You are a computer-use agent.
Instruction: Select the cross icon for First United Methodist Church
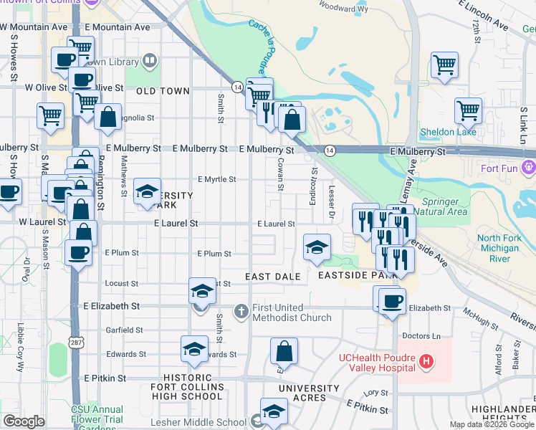[x=241, y=312]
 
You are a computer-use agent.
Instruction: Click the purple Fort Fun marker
[x=529, y=168]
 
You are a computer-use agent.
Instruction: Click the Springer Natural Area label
[x=445, y=206]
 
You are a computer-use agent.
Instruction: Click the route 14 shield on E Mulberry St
[x=329, y=150]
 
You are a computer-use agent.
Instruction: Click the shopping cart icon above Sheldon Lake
[x=467, y=110]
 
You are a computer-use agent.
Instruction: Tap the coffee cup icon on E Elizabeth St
[x=391, y=301]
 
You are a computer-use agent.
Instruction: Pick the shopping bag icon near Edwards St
[x=284, y=351]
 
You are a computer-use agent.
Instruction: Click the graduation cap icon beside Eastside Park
[x=317, y=247]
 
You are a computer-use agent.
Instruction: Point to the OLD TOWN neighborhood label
[x=163, y=91]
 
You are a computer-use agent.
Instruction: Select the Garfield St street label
[x=124, y=330]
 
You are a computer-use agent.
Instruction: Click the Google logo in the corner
[x=24, y=421]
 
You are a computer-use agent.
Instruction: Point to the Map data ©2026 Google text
[x=492, y=424]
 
